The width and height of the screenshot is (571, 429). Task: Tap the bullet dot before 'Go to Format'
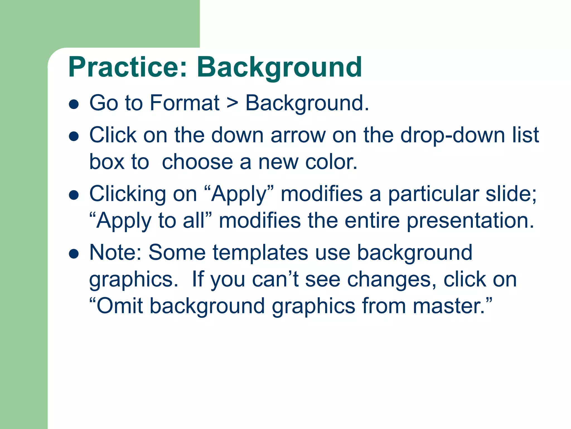click(x=74, y=104)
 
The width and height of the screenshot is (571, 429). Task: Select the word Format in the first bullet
click(x=185, y=103)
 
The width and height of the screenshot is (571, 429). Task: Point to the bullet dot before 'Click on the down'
click(x=74, y=137)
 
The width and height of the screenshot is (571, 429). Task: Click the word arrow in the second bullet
click(x=298, y=135)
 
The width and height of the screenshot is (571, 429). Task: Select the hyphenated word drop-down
click(x=453, y=135)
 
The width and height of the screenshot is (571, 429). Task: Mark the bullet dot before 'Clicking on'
click(x=74, y=195)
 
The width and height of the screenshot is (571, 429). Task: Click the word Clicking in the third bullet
click(x=127, y=194)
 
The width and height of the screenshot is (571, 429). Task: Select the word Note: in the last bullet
click(x=115, y=252)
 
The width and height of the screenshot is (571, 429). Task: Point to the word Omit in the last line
click(x=119, y=306)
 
